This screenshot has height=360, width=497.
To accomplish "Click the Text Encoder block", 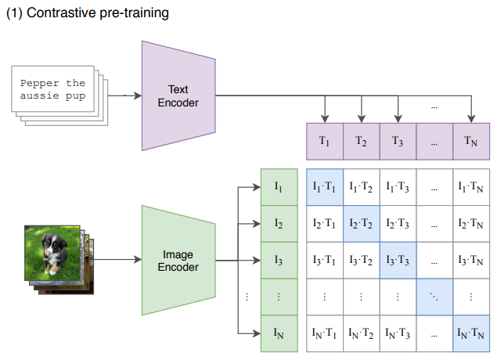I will (x=178, y=95).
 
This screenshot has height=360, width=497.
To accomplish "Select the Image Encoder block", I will (x=178, y=261).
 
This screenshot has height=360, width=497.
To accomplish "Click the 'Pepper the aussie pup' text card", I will (x=53, y=93).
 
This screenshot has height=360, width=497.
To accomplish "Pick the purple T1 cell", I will (x=323, y=142).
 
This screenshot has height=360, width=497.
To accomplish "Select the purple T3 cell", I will (x=398, y=142).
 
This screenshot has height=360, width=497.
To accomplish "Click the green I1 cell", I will (x=279, y=187).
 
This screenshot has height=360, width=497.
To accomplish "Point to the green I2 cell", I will (x=279, y=224).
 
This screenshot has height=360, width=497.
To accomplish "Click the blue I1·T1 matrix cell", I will (x=323, y=187).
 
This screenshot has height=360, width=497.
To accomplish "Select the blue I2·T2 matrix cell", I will (x=361, y=224).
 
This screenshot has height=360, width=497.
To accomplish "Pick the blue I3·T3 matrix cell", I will (x=398, y=261).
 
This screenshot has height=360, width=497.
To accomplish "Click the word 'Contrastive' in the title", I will (x=58, y=13).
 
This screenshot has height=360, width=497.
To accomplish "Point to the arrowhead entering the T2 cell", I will (x=361, y=119).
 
